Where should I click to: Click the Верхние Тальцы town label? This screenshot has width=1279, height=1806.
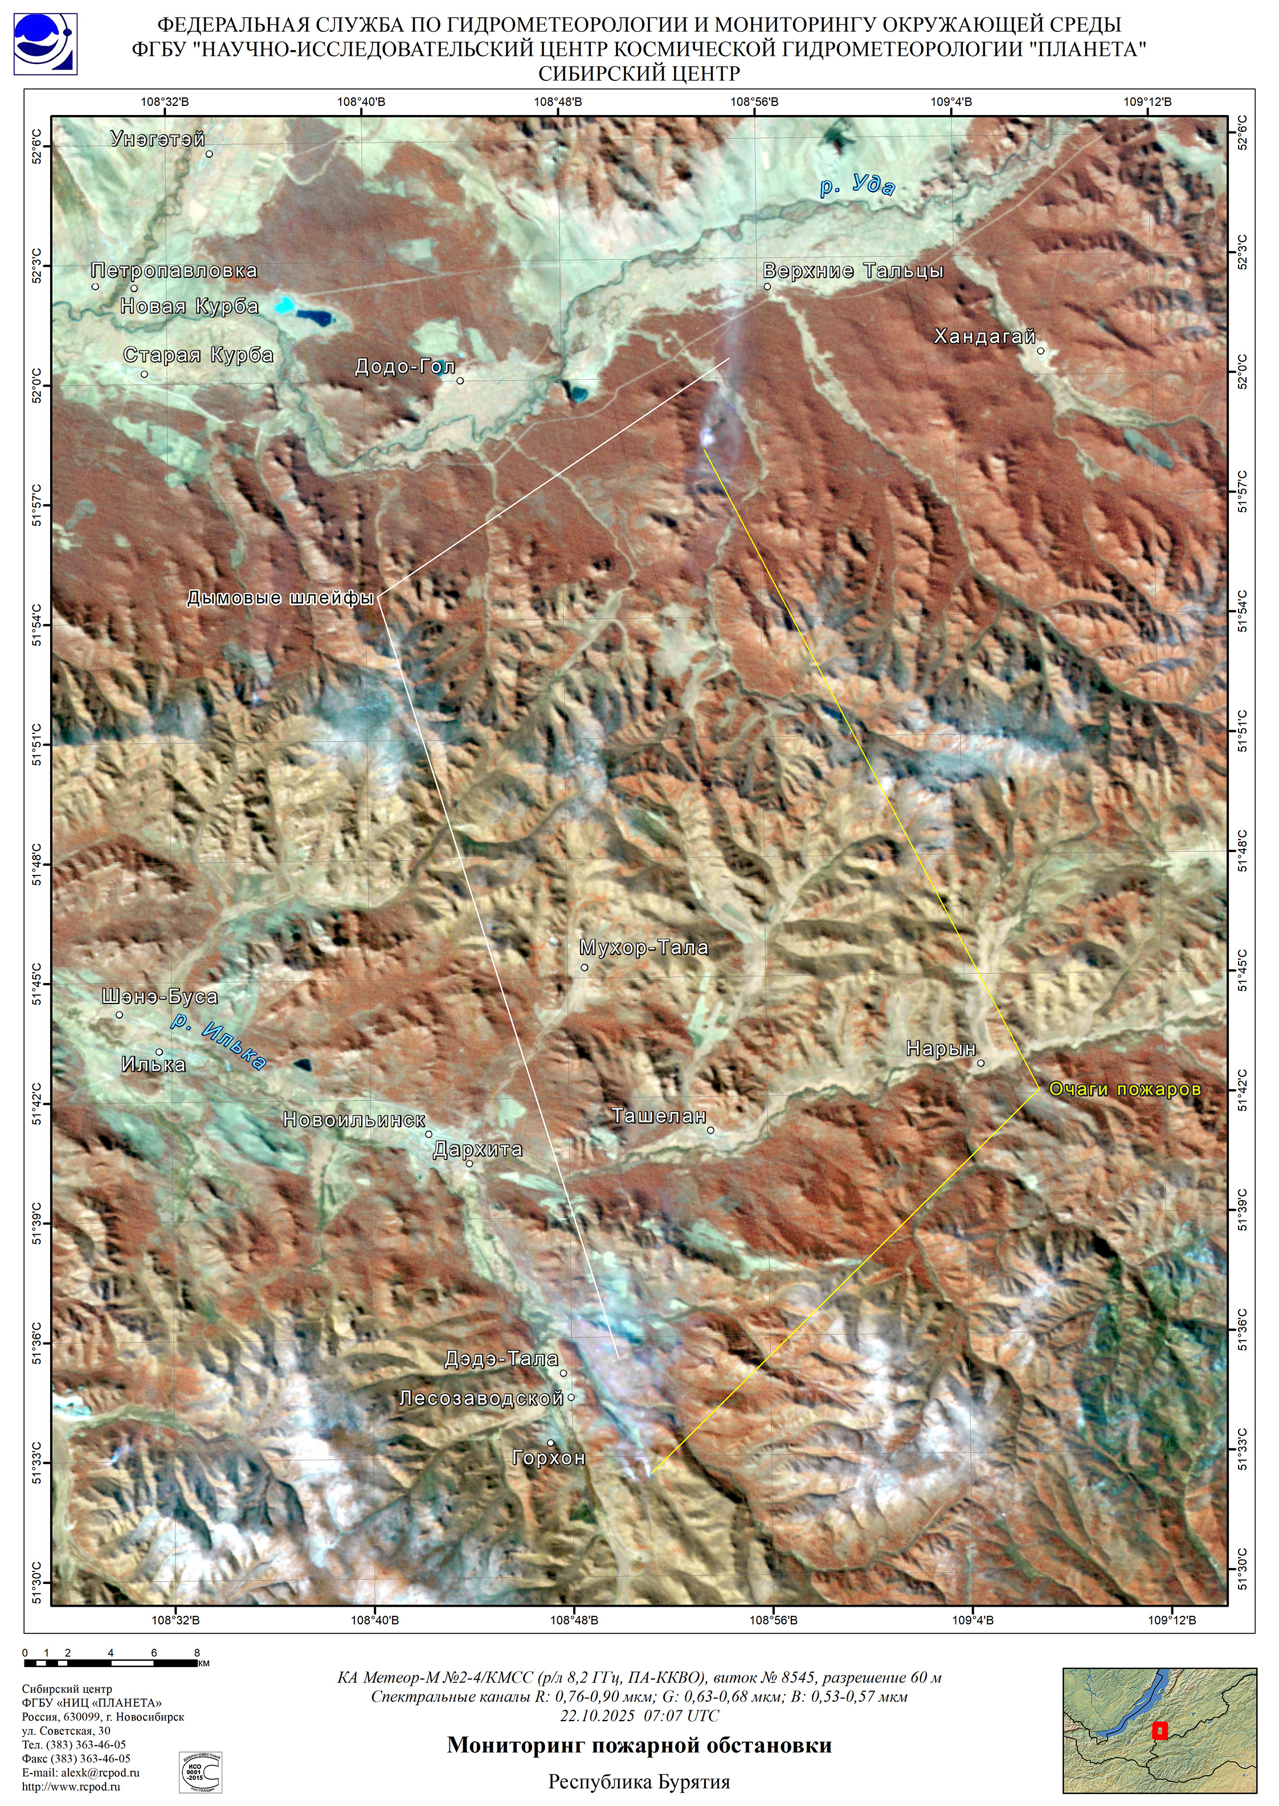click(x=853, y=271)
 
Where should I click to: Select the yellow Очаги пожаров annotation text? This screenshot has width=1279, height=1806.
click(x=1125, y=1090)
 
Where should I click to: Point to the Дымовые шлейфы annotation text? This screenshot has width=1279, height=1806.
click(x=280, y=599)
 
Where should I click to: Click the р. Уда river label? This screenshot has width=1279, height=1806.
click(x=857, y=187)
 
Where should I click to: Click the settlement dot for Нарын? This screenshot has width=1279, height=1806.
click(x=981, y=1063)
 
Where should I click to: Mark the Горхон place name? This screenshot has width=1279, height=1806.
click(x=549, y=1458)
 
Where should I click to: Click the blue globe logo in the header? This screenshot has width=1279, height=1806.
click(x=45, y=43)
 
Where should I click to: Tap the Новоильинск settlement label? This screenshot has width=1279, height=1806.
click(x=354, y=1120)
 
